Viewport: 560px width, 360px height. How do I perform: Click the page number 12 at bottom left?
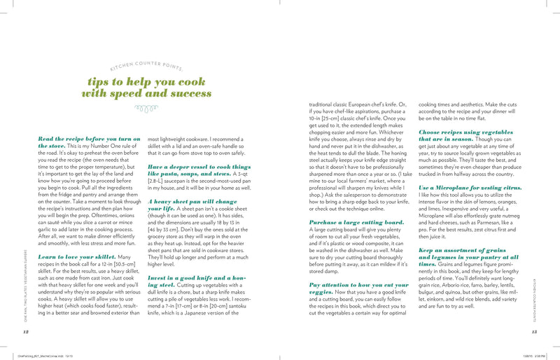[x=26, y=331]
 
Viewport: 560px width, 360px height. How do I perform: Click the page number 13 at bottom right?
[x=533, y=331]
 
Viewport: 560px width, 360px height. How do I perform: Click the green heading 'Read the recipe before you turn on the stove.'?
[x=88, y=143]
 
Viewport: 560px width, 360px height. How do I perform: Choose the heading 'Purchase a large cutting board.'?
[x=346, y=202]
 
